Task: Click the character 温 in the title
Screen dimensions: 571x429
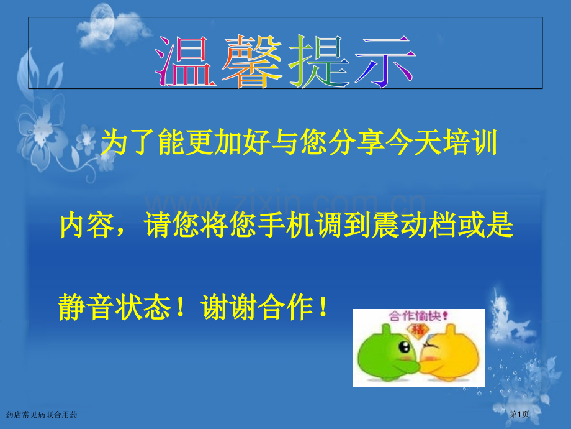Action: point(186,62)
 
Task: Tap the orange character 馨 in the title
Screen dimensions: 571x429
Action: point(253,62)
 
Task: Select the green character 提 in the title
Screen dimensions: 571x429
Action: point(319,62)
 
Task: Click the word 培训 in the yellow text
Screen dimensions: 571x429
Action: point(470,142)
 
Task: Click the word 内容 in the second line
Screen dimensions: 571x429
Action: point(88,226)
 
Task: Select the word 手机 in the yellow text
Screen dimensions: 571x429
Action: point(287,226)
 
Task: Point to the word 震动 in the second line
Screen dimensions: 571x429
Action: point(400,226)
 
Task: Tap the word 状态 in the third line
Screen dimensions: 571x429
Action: point(143,307)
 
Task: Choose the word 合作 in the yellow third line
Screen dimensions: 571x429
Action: point(286,307)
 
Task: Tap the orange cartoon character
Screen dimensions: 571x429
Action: point(450,353)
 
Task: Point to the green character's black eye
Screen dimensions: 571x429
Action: point(405,346)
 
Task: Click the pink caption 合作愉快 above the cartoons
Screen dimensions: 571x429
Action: point(418,316)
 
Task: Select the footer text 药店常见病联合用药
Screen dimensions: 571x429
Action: point(42,415)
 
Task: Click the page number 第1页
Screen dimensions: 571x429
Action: point(519,414)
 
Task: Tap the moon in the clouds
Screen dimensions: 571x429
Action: point(102,21)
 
